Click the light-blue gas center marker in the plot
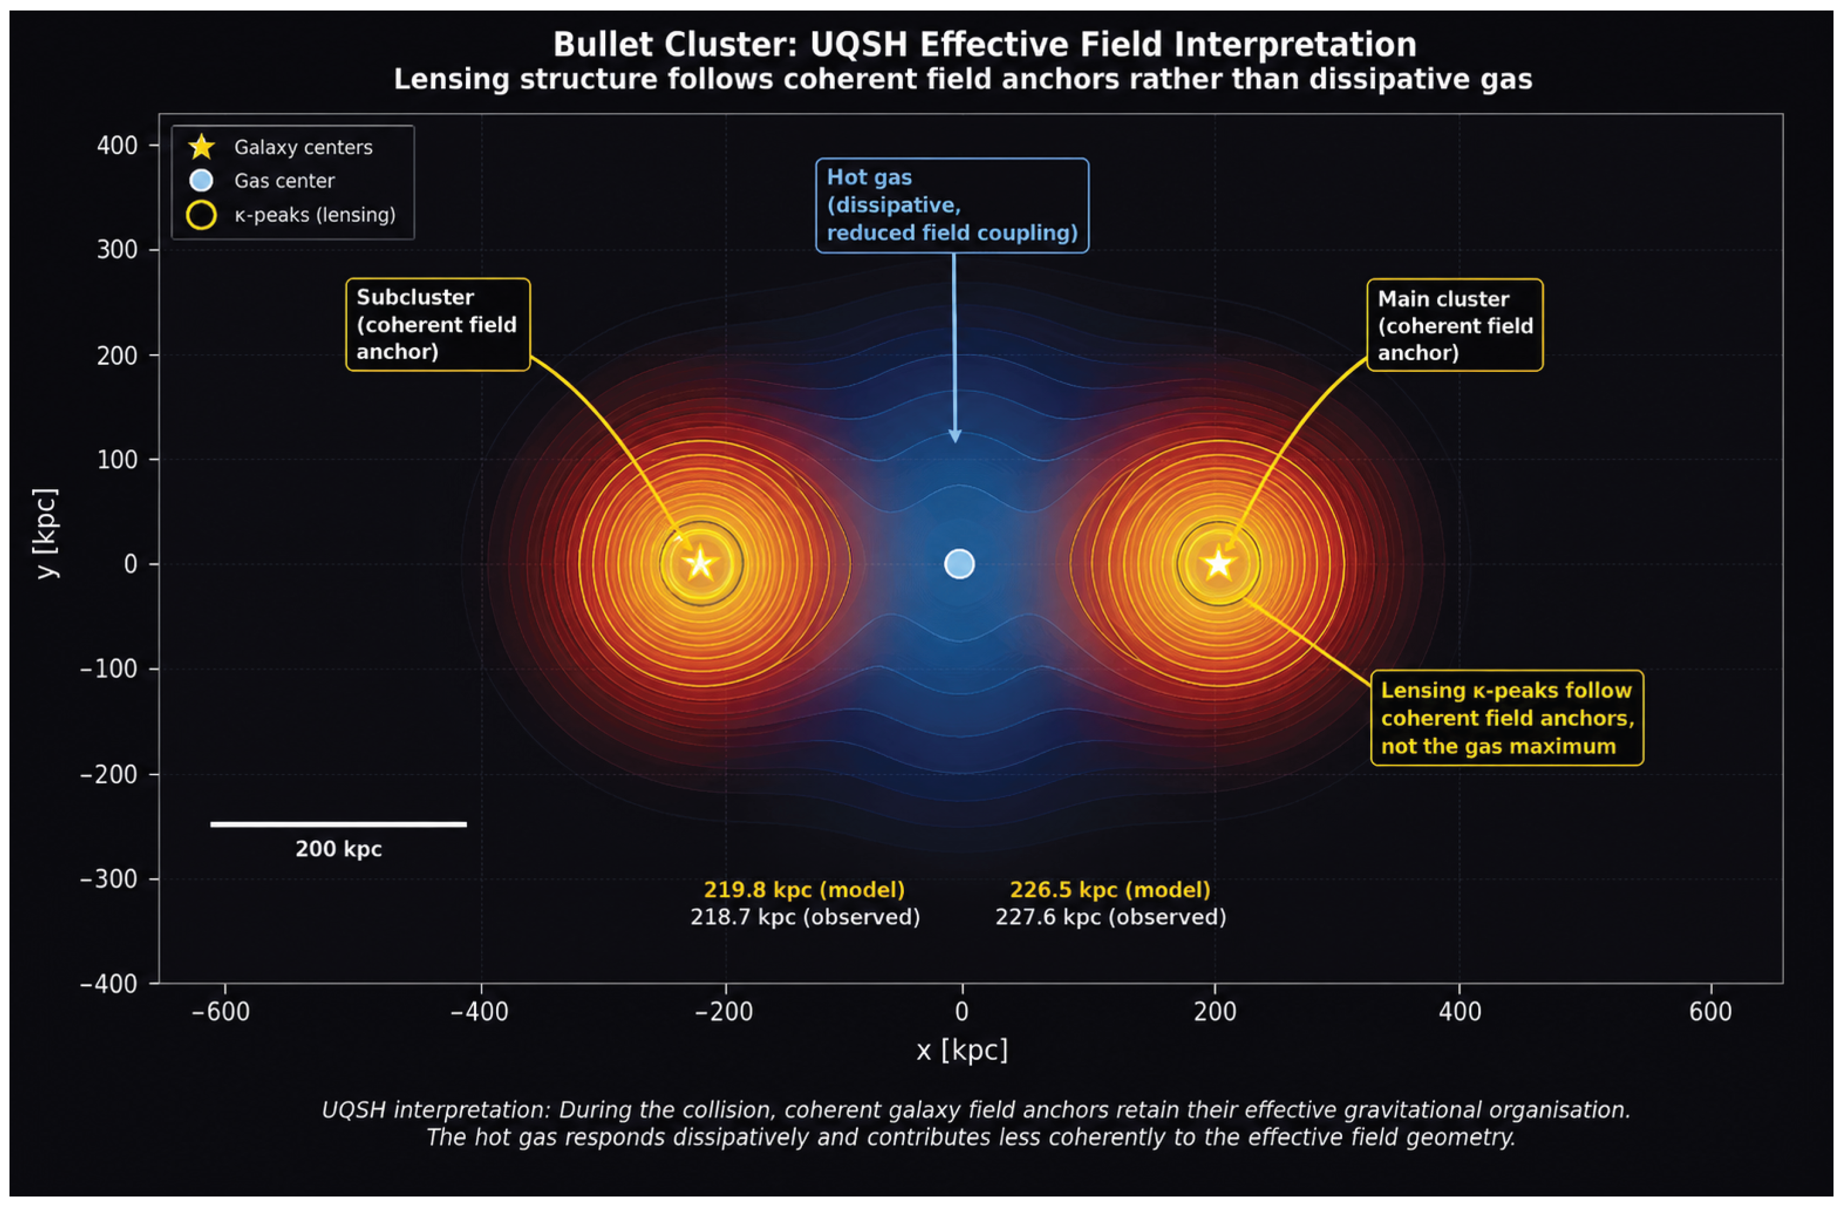coord(959,564)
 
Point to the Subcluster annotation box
coord(438,325)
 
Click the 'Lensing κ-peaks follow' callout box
coord(1507,718)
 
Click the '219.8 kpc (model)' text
coord(805,890)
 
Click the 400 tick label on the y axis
coord(117,145)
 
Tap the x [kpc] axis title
coord(962,1051)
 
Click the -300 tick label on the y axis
coord(109,879)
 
